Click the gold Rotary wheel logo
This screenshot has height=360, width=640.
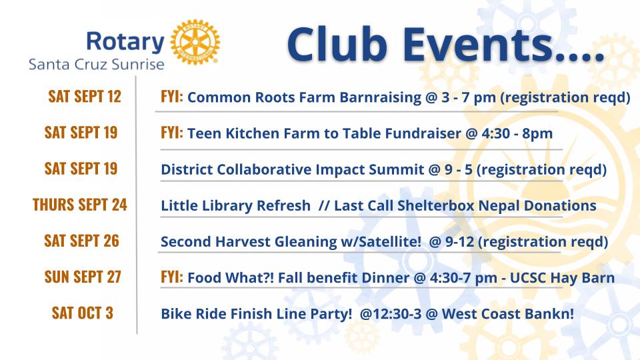click(x=195, y=42)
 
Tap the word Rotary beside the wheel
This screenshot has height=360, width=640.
click(x=125, y=42)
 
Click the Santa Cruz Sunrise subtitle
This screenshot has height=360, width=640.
click(x=96, y=65)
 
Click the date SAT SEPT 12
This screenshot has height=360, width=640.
click(x=85, y=97)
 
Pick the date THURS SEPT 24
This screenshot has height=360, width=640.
click(x=80, y=205)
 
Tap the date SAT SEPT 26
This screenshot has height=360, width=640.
click(x=81, y=241)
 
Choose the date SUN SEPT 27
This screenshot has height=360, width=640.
click(x=83, y=277)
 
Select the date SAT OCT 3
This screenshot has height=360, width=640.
click(x=83, y=313)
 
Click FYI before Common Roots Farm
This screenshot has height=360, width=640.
click(x=172, y=97)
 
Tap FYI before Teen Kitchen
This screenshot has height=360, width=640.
click(x=172, y=133)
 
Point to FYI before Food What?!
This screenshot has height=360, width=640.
click(x=172, y=277)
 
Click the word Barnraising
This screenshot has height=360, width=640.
click(x=381, y=98)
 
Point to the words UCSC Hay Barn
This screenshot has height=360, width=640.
click(x=562, y=278)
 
